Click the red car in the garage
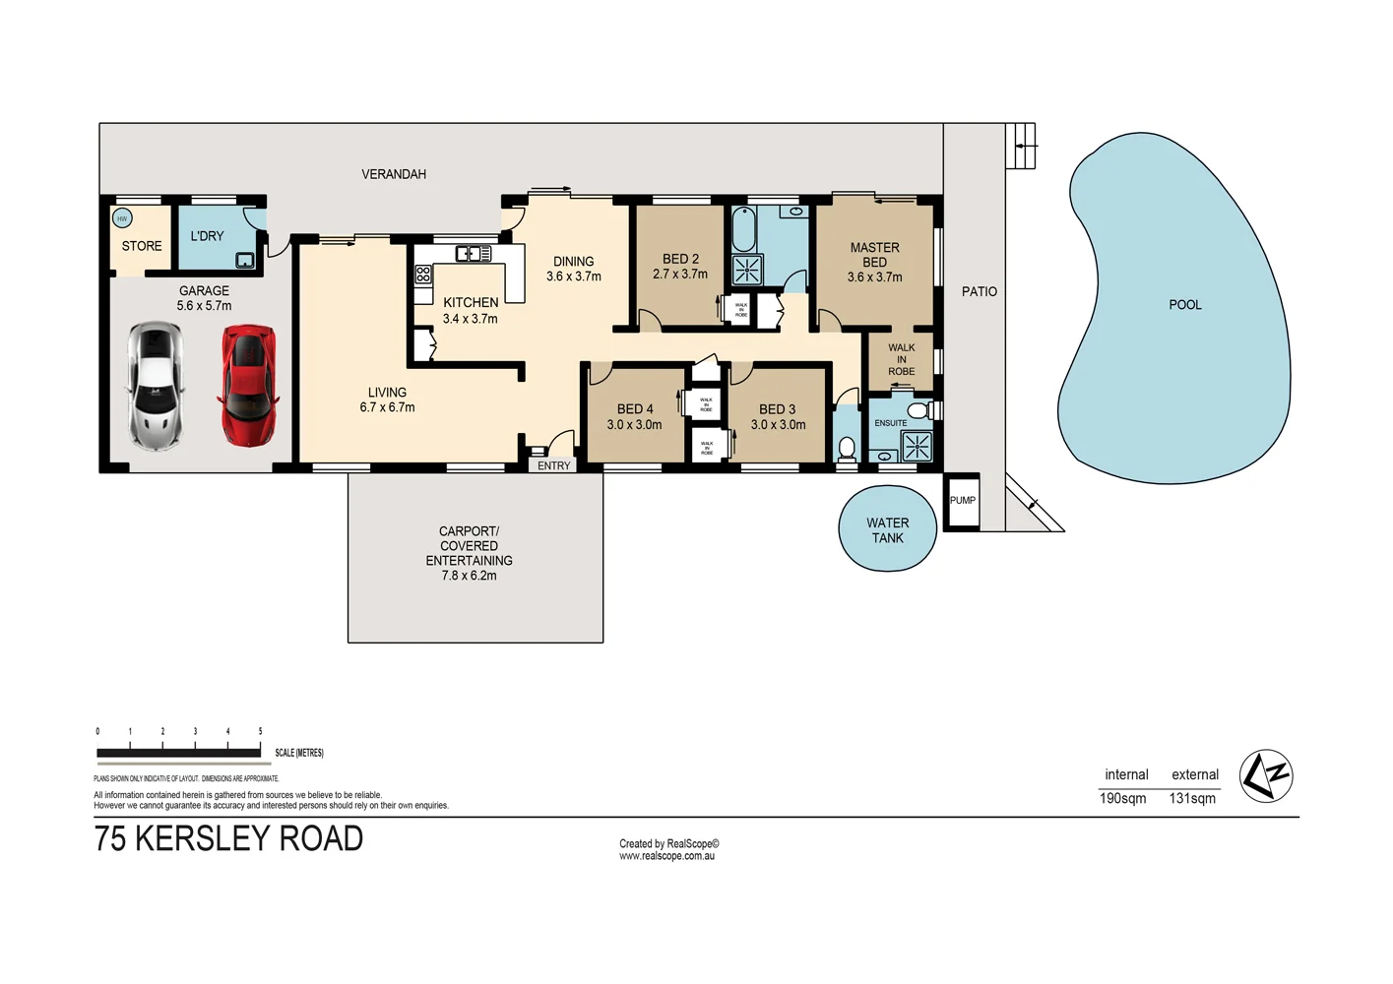247,386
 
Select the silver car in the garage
156,386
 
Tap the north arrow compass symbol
1265,776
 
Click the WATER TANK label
887,530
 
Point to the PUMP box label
962,501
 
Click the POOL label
1184,305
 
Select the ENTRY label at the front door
553,465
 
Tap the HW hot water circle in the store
122,218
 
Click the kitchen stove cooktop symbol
423,275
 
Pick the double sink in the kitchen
474,254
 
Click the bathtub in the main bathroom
743,230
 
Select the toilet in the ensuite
918,410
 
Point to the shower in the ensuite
917,447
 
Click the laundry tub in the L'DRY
244,260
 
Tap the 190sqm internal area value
1122,798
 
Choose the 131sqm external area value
1192,798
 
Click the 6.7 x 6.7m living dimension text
387,407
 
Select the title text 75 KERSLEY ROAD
228,838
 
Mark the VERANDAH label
394,174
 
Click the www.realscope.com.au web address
666,856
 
